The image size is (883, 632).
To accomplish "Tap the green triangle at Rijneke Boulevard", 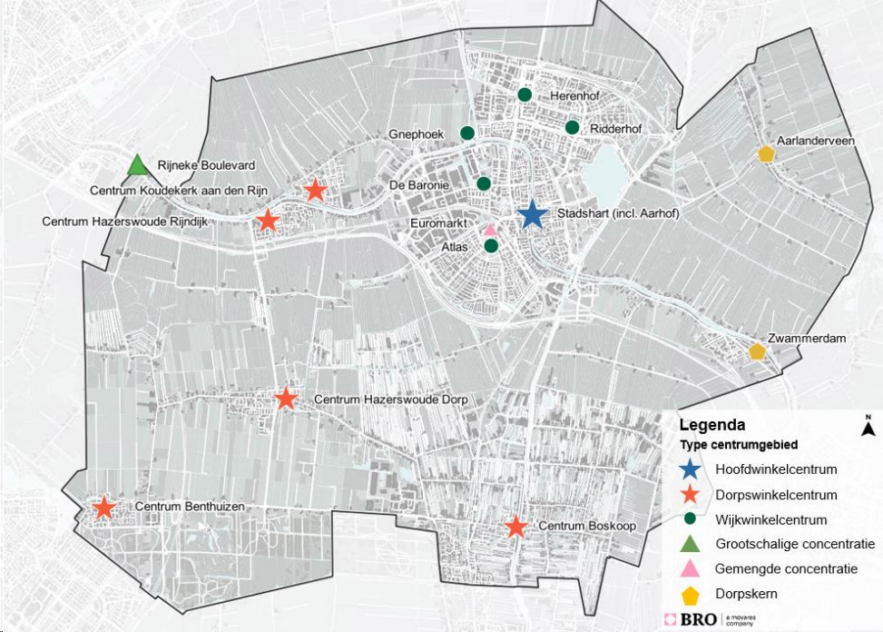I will point(136,165).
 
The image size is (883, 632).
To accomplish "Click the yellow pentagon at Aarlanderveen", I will point(767,154).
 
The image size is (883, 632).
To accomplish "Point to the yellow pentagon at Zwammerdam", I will point(757,351).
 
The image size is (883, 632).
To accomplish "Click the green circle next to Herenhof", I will point(525,94).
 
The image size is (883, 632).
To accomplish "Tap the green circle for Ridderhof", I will point(572,127).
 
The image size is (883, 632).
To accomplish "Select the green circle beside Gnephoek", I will point(466,133).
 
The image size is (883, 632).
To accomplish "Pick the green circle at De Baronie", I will point(484,184).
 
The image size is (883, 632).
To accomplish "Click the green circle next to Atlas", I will point(491,246).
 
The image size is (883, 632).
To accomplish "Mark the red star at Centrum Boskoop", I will point(515,527).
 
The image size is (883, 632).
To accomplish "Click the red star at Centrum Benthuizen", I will point(103,508).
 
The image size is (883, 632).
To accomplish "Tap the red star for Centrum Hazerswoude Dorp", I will point(286,399).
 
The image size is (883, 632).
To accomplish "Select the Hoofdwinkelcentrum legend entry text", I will point(776,470).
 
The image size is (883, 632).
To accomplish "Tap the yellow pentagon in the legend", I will point(691,596).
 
